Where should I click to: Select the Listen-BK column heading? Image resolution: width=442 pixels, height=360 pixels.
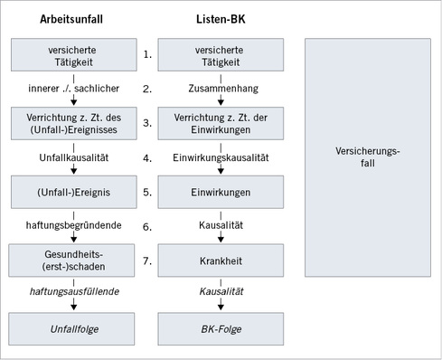click(219, 19)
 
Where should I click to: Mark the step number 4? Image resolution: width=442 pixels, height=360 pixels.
click(146, 157)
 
